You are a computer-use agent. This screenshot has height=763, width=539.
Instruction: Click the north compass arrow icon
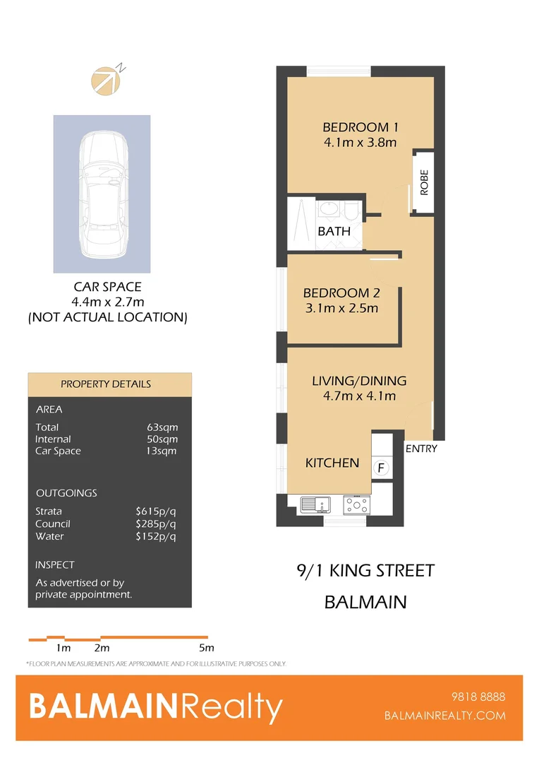tap(107, 79)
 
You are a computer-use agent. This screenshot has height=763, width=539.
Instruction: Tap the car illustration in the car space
tap(103, 194)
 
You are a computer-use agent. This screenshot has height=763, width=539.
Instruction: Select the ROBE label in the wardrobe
tap(424, 183)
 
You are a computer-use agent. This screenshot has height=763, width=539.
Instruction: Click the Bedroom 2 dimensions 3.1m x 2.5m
tap(341, 308)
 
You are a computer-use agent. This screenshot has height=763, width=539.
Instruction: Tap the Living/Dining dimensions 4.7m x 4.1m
tap(359, 396)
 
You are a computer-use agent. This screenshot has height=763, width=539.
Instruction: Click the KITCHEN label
tap(332, 463)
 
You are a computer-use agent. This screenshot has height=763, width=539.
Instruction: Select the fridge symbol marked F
tap(381, 468)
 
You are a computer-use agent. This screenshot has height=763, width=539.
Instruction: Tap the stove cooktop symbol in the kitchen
tap(356, 504)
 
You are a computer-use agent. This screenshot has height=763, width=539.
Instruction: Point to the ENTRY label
tap(421, 449)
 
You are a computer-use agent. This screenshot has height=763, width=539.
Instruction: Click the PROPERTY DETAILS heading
tap(106, 384)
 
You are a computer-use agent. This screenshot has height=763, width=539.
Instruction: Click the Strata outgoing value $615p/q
tap(156, 511)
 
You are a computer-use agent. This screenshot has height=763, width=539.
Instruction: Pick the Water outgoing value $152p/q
tap(156, 536)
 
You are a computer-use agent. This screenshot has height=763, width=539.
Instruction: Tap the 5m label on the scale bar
tap(206, 648)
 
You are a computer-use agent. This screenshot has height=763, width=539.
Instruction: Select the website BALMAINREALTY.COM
tap(445, 715)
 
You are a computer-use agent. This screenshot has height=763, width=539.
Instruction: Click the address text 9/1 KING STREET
tap(365, 571)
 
